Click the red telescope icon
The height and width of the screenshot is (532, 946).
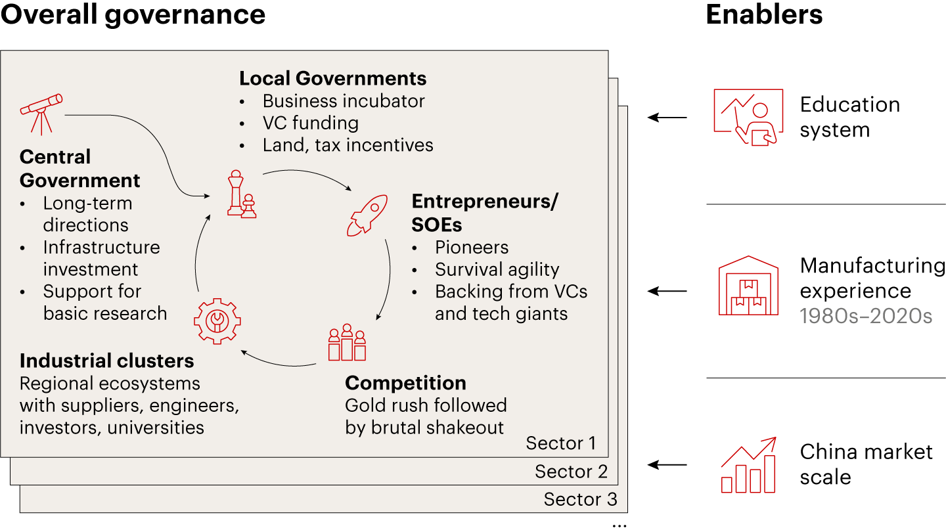coord(41,114)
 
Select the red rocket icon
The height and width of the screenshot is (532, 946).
coord(367,215)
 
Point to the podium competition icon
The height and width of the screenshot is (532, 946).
coord(347,342)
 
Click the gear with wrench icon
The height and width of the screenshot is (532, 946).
coord(217,321)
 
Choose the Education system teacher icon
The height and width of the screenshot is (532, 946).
coord(748,118)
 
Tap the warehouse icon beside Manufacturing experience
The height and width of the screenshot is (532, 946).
coord(748,286)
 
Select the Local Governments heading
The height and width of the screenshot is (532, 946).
coord(333,79)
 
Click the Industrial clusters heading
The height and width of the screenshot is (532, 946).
coord(107,361)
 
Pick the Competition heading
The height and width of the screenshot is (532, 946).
coord(405,383)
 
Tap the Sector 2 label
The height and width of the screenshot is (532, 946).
coord(571,471)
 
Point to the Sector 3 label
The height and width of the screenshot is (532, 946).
coord(580,499)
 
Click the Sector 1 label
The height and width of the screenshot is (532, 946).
coord(561,443)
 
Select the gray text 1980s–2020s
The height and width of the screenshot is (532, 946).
coord(866,316)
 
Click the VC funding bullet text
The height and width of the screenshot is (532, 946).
coord(310,123)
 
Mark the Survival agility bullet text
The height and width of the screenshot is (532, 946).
coord(497,270)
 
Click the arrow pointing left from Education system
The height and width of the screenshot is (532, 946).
coord(667,118)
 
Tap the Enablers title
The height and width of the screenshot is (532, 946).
coord(764,14)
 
